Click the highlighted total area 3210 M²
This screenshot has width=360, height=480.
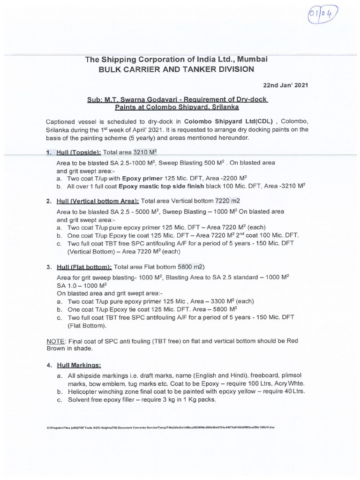[145, 153]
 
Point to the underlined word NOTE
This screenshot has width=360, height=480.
[56, 341]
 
